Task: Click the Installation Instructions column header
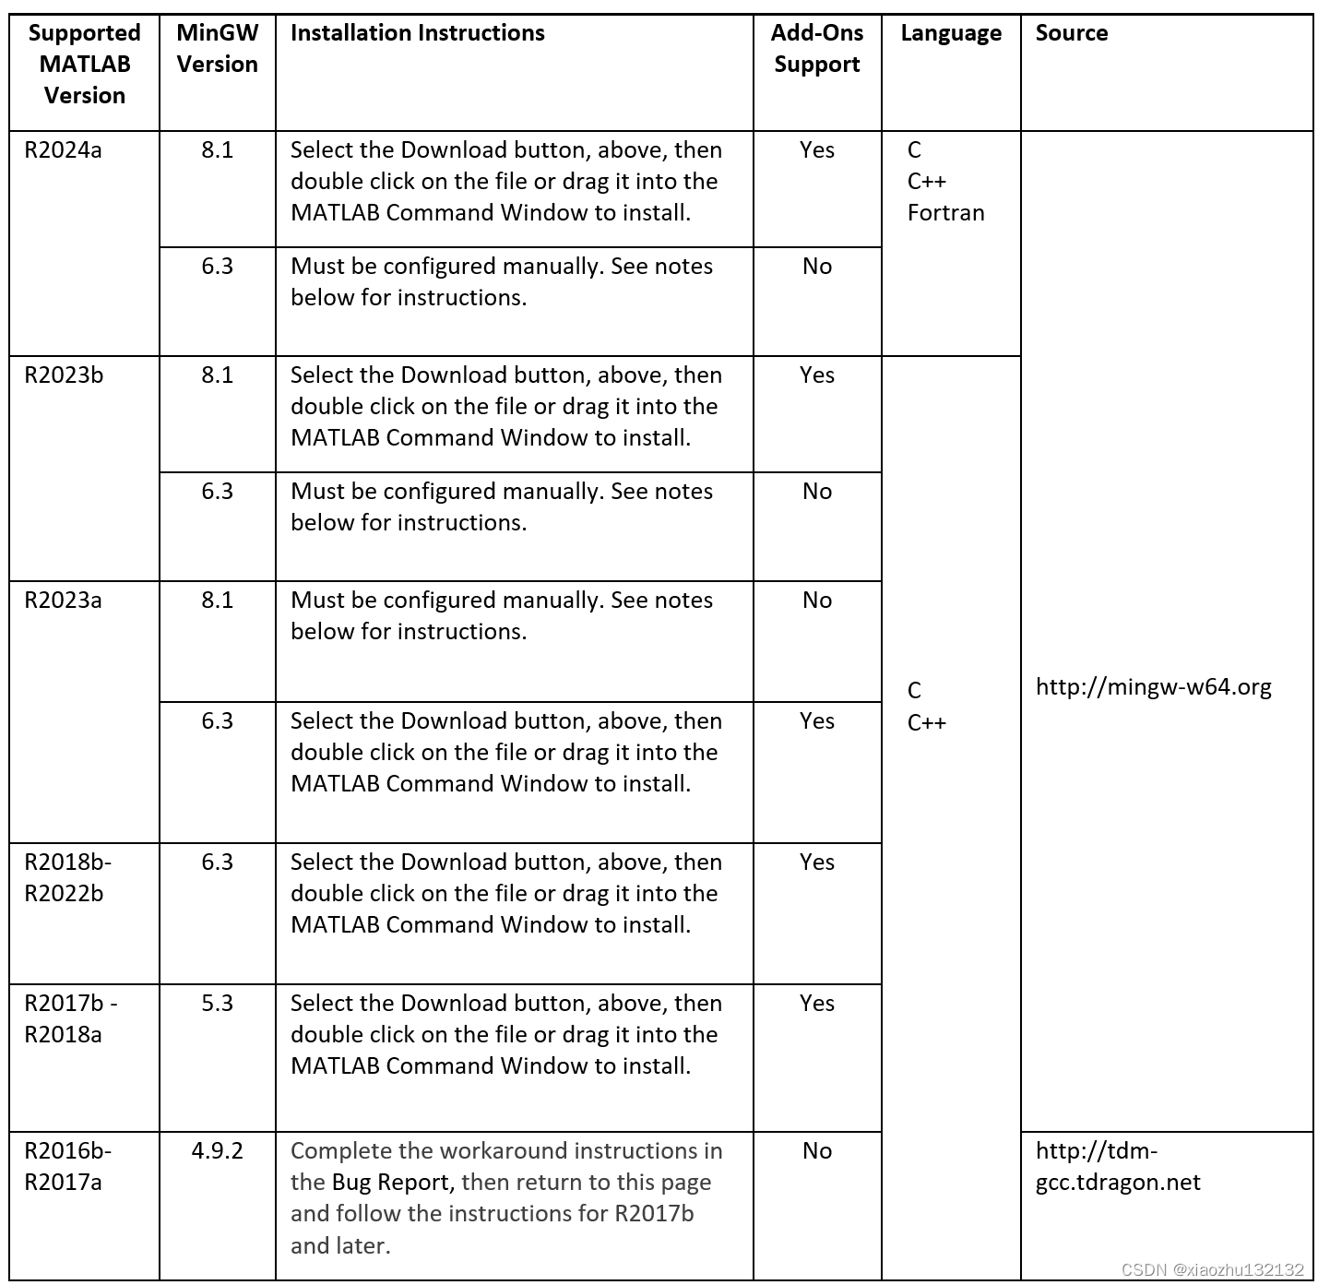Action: coord(417,33)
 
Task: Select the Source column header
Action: coord(1071,33)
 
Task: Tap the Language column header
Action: coord(950,33)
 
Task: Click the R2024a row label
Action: coord(63,150)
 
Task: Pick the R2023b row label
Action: coord(64,375)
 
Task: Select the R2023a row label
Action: coord(63,601)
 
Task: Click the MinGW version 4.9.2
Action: coord(217,1151)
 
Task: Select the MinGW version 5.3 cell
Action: coord(217,1004)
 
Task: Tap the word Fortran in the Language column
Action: coord(945,213)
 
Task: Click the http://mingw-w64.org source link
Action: coord(1153,687)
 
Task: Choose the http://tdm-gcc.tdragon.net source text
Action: coord(1117,1167)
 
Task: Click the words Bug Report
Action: coord(391,1183)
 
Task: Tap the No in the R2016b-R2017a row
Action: coord(816,1151)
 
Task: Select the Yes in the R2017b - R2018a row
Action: coord(816,1004)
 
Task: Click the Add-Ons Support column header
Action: coord(816,49)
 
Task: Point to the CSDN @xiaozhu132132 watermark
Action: coord(1212,1269)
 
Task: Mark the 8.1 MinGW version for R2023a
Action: coord(217,601)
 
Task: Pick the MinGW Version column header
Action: coord(217,49)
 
